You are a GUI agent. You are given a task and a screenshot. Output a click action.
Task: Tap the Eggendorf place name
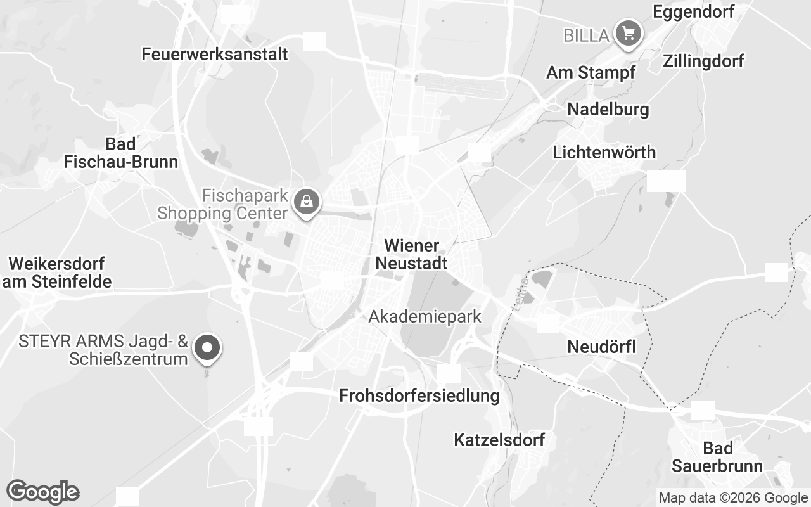pos(693,11)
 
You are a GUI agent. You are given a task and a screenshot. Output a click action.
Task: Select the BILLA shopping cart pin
pos(628,33)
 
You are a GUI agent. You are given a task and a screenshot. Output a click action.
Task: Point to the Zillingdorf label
pos(703,61)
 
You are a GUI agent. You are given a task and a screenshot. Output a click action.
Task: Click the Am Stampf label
pos(591,72)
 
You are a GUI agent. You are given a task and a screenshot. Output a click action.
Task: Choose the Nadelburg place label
pos(608,109)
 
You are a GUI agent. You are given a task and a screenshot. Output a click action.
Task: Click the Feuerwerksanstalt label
pos(215,54)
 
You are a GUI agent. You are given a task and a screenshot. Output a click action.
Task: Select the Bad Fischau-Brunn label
pos(121,153)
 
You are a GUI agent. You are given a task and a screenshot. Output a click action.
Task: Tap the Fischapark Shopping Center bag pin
pos(307,202)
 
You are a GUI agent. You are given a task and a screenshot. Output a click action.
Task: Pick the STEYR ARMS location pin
pos(207,348)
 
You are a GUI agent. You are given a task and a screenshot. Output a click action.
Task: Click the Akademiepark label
pos(425,316)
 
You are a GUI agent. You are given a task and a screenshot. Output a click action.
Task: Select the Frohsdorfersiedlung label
pos(419,396)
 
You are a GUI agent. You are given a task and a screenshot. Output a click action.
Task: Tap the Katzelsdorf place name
pos(499,440)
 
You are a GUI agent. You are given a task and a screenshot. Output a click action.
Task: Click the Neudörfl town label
pos(601,347)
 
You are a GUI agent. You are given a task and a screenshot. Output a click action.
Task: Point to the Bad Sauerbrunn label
pos(717,457)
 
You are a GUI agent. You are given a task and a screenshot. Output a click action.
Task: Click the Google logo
pos(42,492)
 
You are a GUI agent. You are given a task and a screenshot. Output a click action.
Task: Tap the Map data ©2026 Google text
pos(733,498)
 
